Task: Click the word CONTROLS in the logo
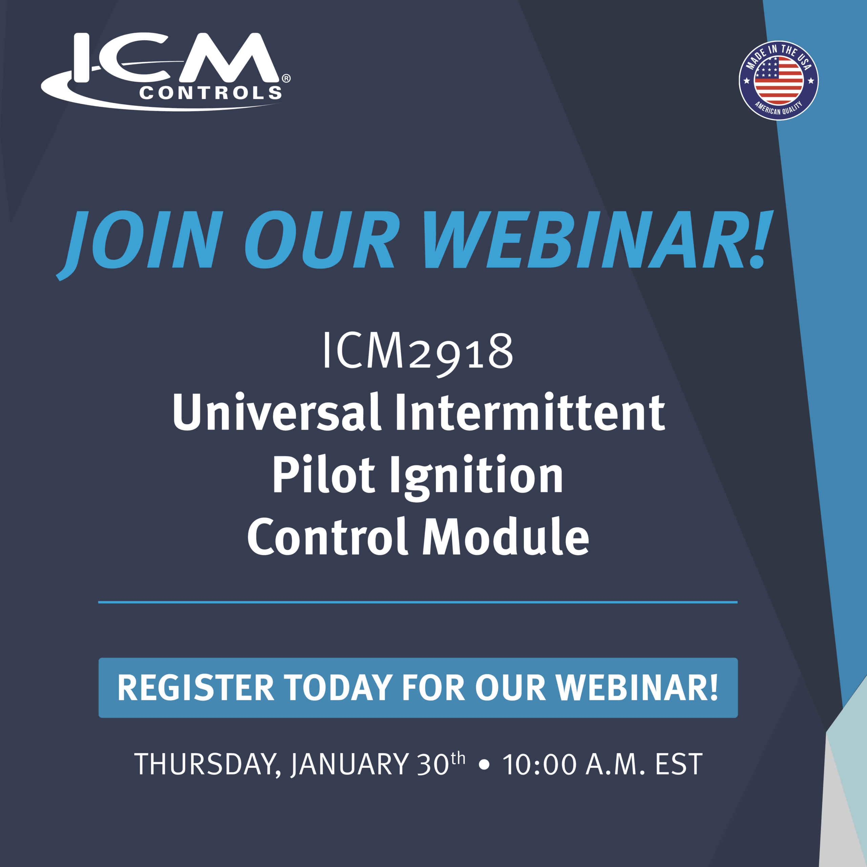[x=210, y=93]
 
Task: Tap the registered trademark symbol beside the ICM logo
[x=286, y=79]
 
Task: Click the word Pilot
[x=323, y=474]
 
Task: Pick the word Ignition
[x=477, y=478]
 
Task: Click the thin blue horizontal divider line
[x=418, y=602]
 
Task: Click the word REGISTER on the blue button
[x=196, y=688]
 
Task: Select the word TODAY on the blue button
[x=338, y=688]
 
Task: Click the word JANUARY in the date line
[x=350, y=765]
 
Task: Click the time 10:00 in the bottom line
[x=540, y=765]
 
